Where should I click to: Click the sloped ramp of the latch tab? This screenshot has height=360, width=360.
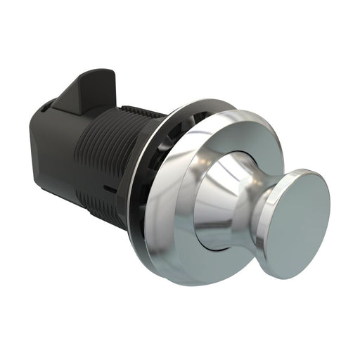(x=70, y=91)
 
